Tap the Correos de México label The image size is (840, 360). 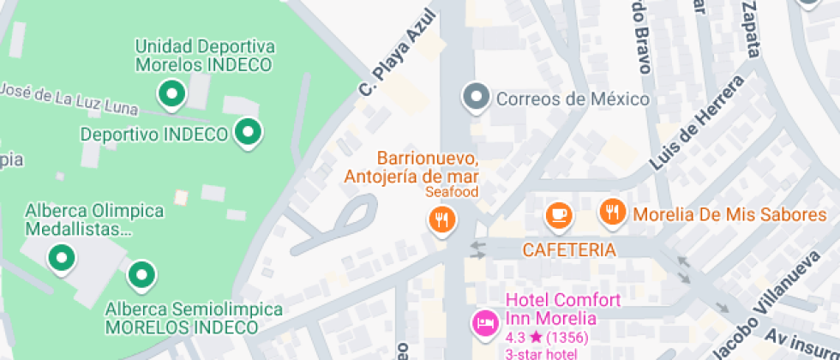pyautogui.click(x=573, y=99)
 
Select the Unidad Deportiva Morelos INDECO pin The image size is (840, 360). pyautogui.click(x=172, y=92)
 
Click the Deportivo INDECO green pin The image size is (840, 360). pyautogui.click(x=249, y=132)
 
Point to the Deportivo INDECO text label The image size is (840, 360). pyautogui.click(x=153, y=135)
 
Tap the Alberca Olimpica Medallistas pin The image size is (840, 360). pyautogui.click(x=61, y=255)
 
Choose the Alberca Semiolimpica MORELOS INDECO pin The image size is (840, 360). pyautogui.click(x=141, y=275)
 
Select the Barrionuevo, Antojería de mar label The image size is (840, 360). pyautogui.click(x=411, y=168)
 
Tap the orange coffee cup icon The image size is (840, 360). pyautogui.click(x=559, y=213)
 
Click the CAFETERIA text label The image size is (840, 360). pyautogui.click(x=569, y=250)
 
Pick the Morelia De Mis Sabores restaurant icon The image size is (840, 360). pyautogui.click(x=611, y=211)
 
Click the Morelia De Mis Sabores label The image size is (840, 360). pyautogui.click(x=729, y=214)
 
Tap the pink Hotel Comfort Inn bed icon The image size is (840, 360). pyautogui.click(x=485, y=323)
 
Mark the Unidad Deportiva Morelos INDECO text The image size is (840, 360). pyautogui.click(x=204, y=55)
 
